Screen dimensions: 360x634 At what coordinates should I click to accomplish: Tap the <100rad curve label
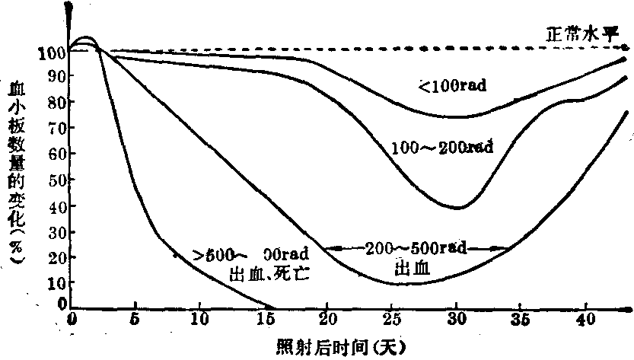(452, 86)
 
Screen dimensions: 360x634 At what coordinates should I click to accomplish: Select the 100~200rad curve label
(442, 146)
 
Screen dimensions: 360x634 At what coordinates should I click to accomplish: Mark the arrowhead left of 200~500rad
(330, 248)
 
